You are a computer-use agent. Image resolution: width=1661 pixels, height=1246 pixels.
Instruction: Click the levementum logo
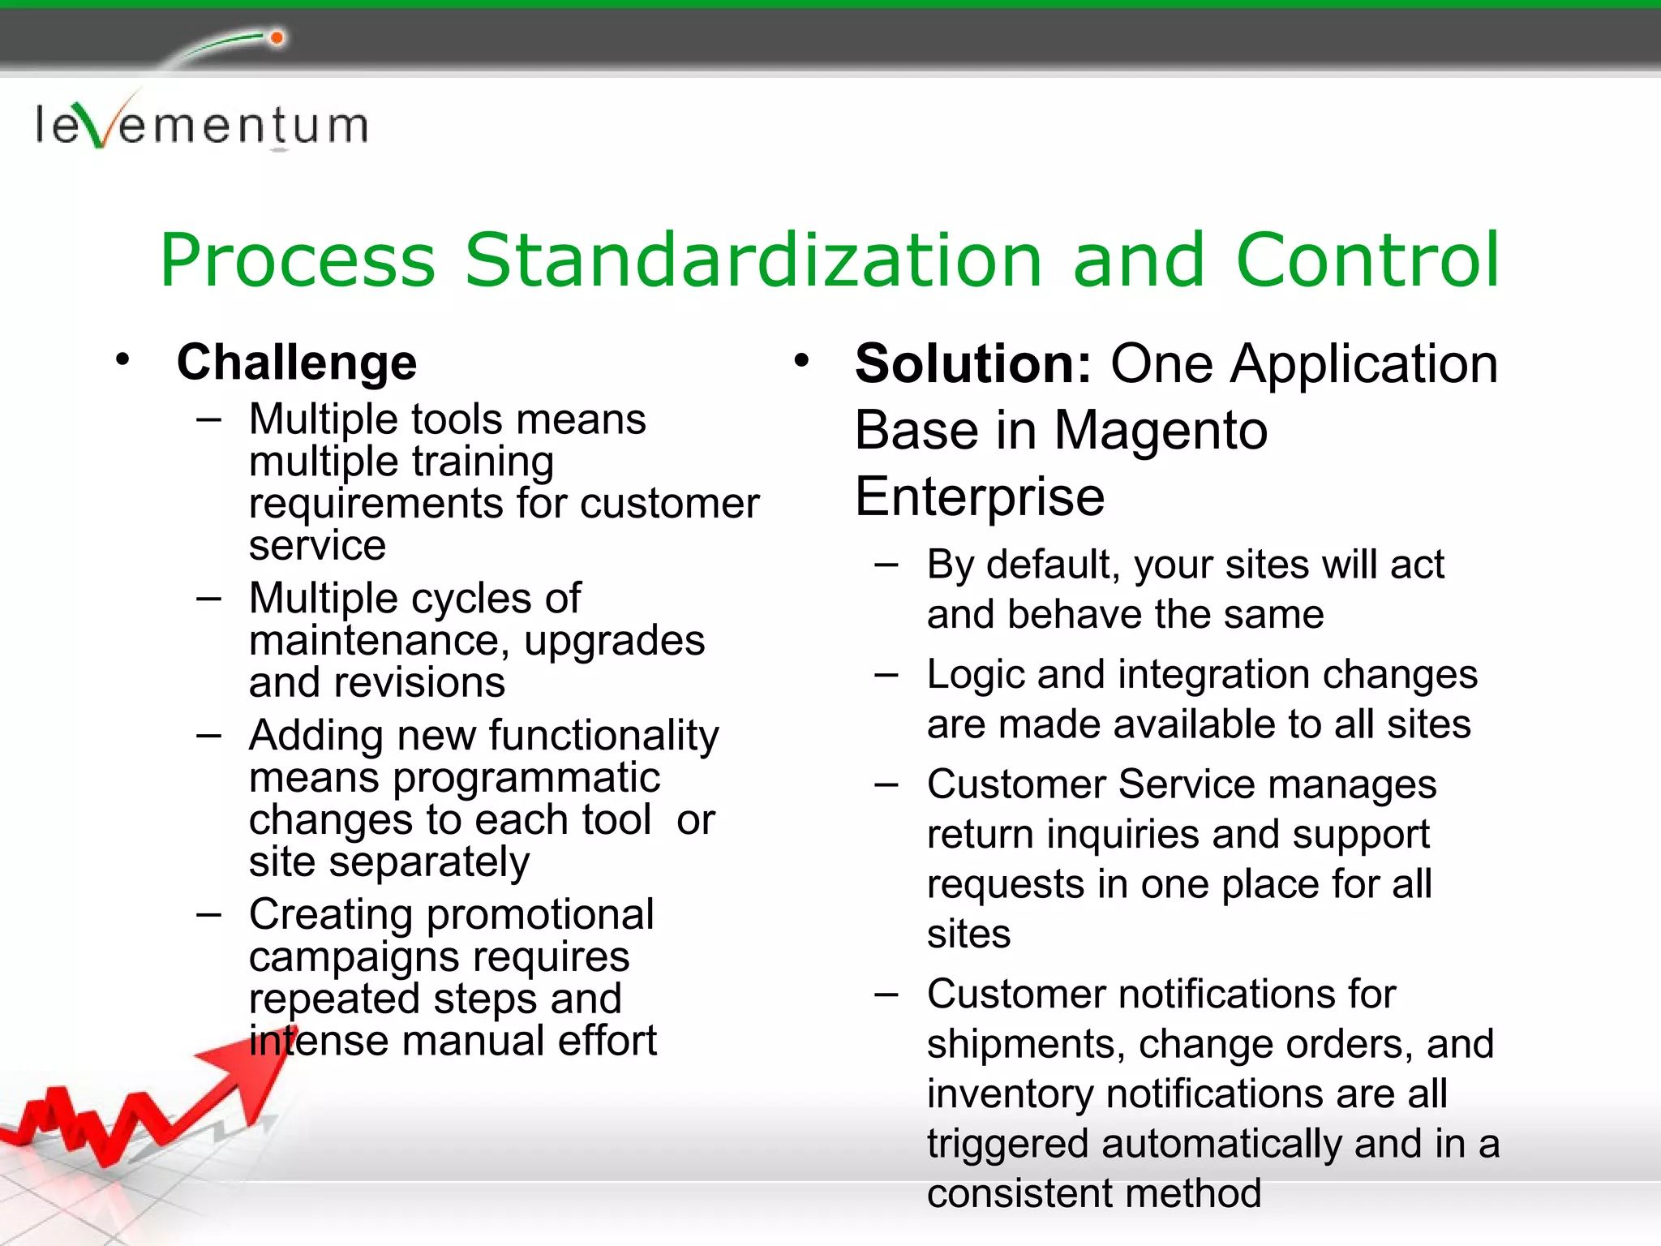pyautogui.click(x=201, y=126)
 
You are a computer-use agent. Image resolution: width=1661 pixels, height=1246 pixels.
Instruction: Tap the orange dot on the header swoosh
pyautogui.click(x=277, y=38)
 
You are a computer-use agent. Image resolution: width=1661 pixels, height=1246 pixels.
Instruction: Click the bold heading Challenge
pyautogui.click(x=297, y=362)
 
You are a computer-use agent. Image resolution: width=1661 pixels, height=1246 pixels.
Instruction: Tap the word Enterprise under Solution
pyautogui.click(x=979, y=496)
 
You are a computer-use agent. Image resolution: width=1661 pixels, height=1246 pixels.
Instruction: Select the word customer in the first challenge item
pyautogui.click(x=669, y=504)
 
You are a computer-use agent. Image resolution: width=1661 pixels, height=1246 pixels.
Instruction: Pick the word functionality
pyautogui.click(x=603, y=736)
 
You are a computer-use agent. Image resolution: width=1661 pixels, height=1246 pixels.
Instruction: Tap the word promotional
pyautogui.click(x=540, y=915)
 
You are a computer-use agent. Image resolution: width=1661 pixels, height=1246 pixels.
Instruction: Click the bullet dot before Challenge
pyautogui.click(x=122, y=359)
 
